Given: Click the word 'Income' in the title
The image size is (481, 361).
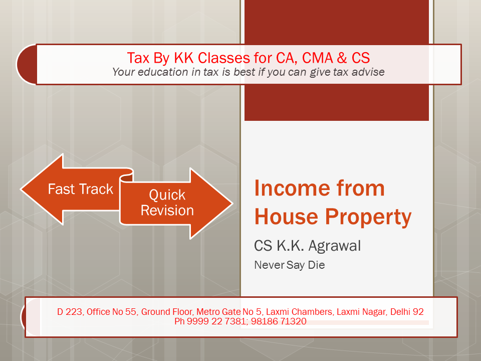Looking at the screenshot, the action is (x=291, y=188).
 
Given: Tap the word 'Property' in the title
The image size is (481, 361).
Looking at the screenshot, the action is (x=368, y=217).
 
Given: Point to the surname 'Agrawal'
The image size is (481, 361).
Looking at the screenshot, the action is (x=335, y=246).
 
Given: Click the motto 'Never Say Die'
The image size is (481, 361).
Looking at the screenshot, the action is (x=289, y=265).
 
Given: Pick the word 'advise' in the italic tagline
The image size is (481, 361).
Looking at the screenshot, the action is (x=368, y=72).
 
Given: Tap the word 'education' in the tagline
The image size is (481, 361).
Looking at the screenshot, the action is (x=163, y=72).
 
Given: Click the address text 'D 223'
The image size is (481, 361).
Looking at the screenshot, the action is (x=70, y=312).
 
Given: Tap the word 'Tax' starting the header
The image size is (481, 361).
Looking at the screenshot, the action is (x=138, y=58).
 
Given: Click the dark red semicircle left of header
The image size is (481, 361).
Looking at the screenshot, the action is (x=27, y=64).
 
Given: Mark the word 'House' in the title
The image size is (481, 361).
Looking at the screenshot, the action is (x=287, y=217).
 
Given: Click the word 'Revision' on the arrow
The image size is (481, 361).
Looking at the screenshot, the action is (x=167, y=211).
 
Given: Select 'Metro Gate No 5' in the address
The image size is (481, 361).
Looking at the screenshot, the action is (x=229, y=312).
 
